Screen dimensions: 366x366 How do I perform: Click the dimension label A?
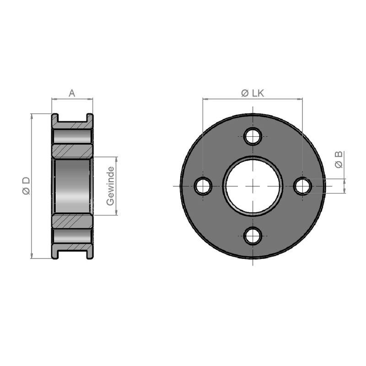tap(72, 93)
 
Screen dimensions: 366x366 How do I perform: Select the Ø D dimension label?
tap(26, 186)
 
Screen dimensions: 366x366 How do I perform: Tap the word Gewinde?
tap(110, 186)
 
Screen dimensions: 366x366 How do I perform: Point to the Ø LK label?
tap(253, 93)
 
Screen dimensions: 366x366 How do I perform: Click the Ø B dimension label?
tap(339, 160)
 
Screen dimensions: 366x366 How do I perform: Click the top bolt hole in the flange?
tap(253, 136)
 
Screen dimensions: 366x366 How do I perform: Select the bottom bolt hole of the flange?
tap(253, 236)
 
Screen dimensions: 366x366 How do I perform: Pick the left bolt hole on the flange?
tap(203, 186)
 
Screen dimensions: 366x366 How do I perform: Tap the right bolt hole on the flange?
tap(302, 186)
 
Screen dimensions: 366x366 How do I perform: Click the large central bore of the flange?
tap(253, 186)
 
